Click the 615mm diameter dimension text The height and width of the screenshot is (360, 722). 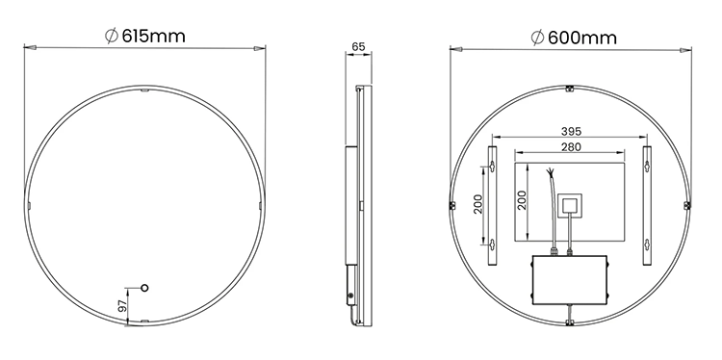pos(153,36)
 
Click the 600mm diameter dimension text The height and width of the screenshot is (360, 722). pos(580,38)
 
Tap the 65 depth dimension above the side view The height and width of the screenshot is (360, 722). pos(358,45)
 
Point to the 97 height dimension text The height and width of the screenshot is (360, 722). pos(122,305)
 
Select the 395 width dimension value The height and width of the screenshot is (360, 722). pos(571,132)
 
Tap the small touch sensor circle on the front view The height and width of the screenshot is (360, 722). pos(146,287)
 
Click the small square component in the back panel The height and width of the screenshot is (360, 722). pos(570,204)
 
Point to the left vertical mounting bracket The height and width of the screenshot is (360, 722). pos(492,204)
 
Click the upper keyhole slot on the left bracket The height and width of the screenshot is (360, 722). pos(492,167)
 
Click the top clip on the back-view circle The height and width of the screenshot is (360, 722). pos(569,88)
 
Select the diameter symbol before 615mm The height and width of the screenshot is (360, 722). pos(111,36)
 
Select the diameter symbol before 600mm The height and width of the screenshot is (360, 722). pos(536,38)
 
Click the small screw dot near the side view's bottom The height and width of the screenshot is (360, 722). pos(350,294)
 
